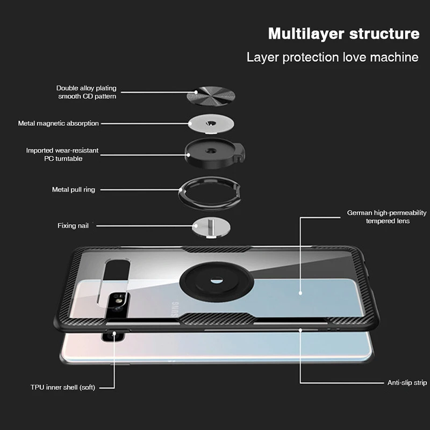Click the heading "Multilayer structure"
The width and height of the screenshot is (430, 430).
[x=343, y=34]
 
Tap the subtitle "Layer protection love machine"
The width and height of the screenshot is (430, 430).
[x=332, y=58]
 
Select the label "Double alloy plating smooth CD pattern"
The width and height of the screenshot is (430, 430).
[x=87, y=92]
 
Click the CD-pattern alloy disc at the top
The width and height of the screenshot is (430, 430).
[x=211, y=96]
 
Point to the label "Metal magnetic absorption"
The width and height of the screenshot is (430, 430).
[x=58, y=124]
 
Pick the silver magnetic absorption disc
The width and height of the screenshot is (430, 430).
[x=211, y=124]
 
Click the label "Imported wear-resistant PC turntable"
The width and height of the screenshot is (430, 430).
[x=62, y=154]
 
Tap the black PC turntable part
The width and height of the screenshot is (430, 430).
[x=214, y=153]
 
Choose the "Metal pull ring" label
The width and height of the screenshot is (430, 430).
[x=74, y=190]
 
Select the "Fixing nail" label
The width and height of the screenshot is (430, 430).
[x=73, y=225]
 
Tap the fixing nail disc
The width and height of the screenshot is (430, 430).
[x=211, y=227]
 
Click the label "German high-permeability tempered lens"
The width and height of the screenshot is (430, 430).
[x=386, y=217]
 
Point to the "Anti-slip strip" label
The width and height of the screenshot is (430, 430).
[x=407, y=383]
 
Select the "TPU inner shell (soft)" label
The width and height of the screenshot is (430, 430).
[x=63, y=387]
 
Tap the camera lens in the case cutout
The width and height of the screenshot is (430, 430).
[x=119, y=300]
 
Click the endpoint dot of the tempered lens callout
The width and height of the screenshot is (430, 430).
[x=300, y=293]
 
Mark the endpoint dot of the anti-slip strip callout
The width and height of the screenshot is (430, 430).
[x=300, y=330]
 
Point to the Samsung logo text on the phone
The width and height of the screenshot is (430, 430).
[x=175, y=309]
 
